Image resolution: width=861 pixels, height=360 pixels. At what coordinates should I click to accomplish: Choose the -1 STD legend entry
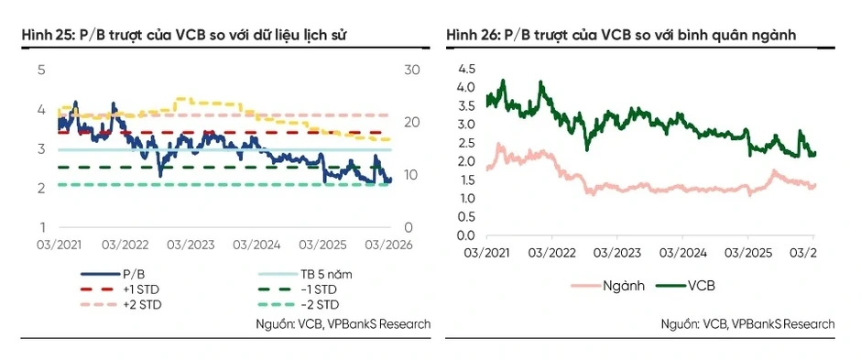click(297, 289)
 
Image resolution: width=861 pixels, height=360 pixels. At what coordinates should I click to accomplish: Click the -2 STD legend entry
click(297, 304)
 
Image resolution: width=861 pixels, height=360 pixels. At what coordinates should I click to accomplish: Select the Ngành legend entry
click(608, 286)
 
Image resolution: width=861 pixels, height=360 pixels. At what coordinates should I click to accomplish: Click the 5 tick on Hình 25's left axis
click(41, 71)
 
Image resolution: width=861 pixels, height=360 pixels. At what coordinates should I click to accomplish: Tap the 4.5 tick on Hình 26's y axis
click(467, 69)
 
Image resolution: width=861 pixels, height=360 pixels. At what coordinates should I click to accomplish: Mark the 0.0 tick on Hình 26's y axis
click(467, 235)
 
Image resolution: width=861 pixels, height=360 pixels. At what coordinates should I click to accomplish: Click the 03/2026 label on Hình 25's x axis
click(388, 245)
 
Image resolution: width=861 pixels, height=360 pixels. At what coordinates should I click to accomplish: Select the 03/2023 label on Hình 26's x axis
click(616, 253)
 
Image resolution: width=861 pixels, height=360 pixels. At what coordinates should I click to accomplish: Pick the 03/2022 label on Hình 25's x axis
click(124, 245)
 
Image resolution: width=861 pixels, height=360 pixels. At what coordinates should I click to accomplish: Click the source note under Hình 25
click(343, 323)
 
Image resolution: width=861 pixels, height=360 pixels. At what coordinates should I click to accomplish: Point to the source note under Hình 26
click(748, 323)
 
